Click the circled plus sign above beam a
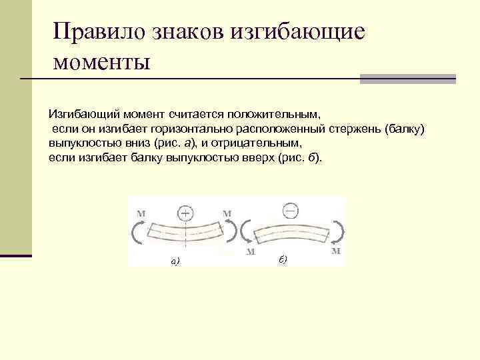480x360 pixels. click(x=185, y=213)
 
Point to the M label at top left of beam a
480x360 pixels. click(x=141, y=213)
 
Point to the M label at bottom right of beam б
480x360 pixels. click(x=336, y=252)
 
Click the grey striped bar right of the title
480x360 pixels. click(x=408, y=79)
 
